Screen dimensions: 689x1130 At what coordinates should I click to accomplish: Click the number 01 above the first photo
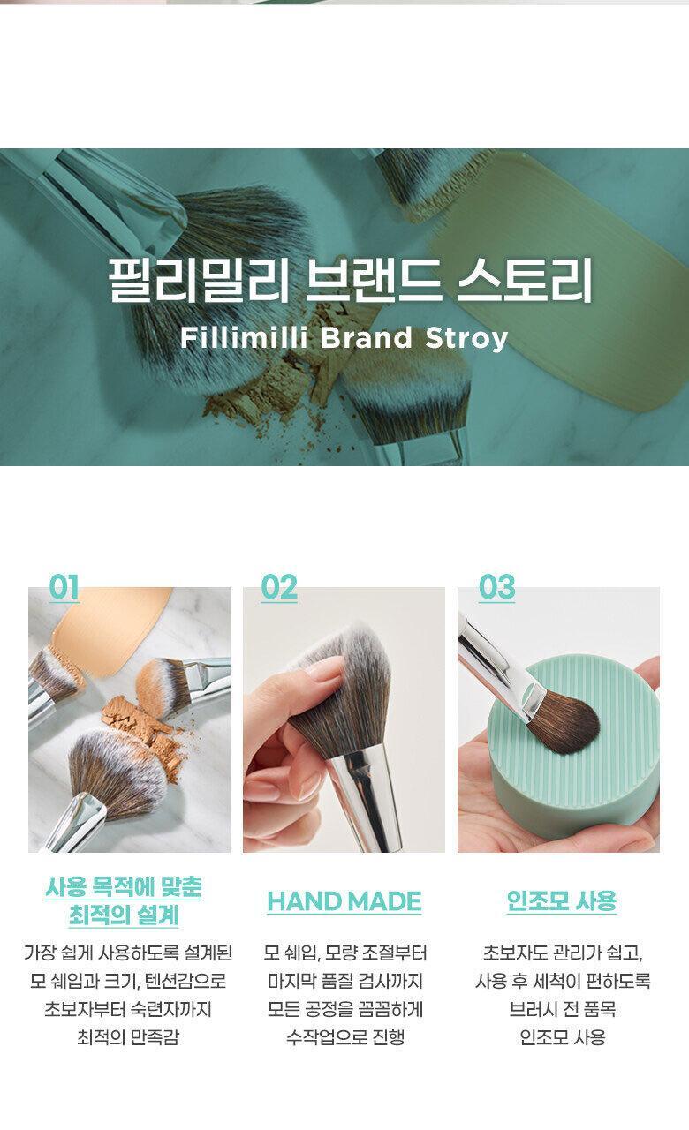[64, 587]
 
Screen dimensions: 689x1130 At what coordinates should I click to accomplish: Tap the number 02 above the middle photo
[279, 587]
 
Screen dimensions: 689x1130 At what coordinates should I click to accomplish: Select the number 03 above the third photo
[497, 587]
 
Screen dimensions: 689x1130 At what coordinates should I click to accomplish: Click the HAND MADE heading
[344, 901]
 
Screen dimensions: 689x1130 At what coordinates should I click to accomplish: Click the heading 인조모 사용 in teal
[562, 901]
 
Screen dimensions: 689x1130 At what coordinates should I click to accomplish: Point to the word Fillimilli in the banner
[244, 337]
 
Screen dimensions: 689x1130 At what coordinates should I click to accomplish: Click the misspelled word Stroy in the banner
[466, 338]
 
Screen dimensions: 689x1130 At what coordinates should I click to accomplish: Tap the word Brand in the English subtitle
[367, 337]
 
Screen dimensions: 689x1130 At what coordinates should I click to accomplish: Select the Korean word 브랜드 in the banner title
[373, 280]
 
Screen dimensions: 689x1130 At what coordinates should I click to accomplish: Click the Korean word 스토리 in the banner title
[525, 280]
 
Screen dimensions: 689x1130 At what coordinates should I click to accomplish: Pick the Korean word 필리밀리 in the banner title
[198, 280]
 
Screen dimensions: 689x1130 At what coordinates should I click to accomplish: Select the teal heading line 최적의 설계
[124, 915]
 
